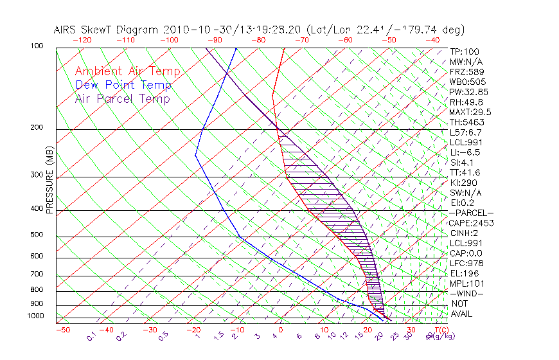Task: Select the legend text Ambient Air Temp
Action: (x=127, y=71)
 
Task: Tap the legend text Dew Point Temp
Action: (x=123, y=85)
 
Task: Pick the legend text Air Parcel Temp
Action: (x=123, y=98)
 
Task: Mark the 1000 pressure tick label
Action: (x=36, y=316)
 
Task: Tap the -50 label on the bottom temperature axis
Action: (x=62, y=330)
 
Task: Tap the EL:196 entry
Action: (x=463, y=273)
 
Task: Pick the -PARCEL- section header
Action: (x=471, y=213)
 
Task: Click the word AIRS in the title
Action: (x=67, y=30)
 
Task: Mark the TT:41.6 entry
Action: (x=465, y=172)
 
